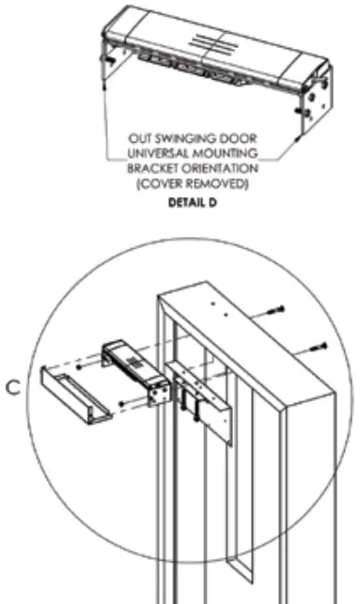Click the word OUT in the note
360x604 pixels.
click(x=140, y=147)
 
